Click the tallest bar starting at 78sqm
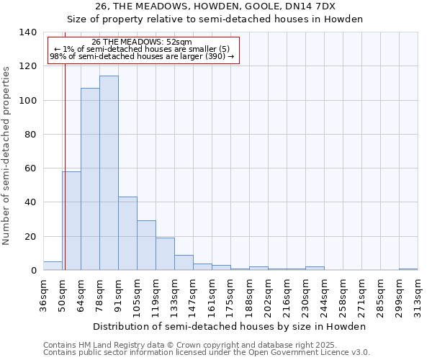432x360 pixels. tap(109, 173)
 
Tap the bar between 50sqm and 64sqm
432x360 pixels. tap(71, 220)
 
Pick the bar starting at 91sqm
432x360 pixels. tap(127, 233)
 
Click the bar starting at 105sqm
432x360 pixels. tap(146, 246)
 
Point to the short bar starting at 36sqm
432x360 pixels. tap(53, 266)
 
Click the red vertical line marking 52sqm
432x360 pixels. tap(65, 158)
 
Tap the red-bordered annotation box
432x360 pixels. tap(143, 50)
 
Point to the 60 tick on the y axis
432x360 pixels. tap(30, 168)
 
